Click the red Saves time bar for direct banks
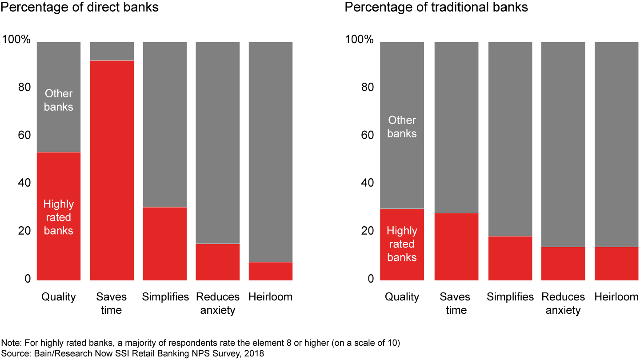pos(112,170)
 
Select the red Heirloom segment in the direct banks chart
pos(270,271)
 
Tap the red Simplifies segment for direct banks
pos(164,244)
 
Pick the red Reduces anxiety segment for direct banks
pos(217,262)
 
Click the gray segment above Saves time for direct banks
pos(112,51)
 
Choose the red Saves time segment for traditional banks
pos(456,247)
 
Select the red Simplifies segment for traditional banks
pos(510,258)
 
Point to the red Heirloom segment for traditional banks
pos(616,264)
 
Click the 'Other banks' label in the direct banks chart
pos(58,100)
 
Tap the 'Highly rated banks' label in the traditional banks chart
pos(402,244)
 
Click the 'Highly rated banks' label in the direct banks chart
pos(58,217)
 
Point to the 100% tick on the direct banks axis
pos(16,40)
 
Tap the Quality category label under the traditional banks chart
pos(402,297)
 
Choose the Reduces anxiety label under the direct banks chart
pos(217,304)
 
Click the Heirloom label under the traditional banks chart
pos(616,297)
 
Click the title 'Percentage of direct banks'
pos(80,8)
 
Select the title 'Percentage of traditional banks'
pos(436,8)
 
